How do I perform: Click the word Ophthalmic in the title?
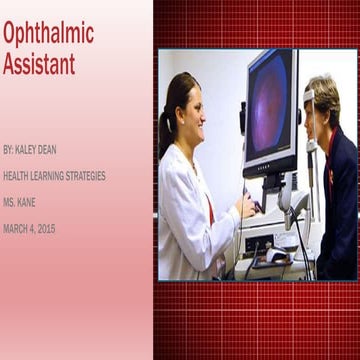[x=48, y=33]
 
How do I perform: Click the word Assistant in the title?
[x=39, y=65]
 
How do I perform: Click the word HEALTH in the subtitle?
[x=17, y=176]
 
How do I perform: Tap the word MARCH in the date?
[x=17, y=229]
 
